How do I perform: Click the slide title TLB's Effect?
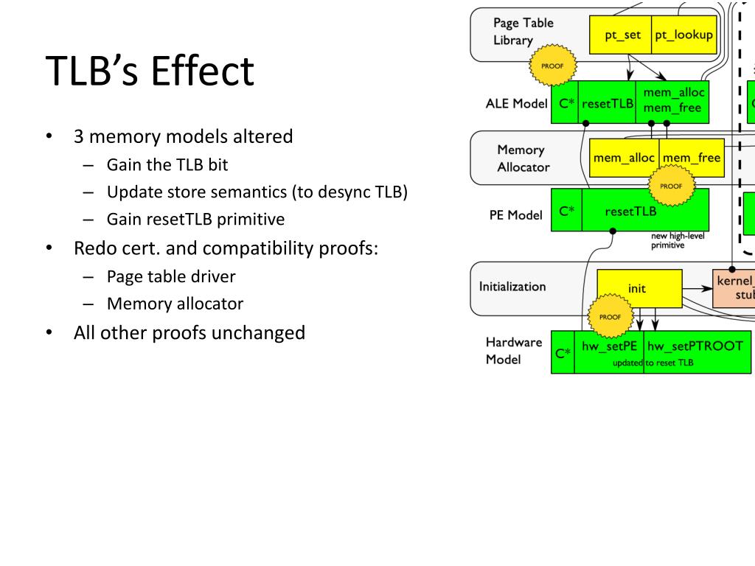150,72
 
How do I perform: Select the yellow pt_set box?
622,35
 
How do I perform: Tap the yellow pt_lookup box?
683,35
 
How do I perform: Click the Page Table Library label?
523,31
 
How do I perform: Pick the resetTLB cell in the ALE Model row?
608,103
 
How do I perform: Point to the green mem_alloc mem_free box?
672,102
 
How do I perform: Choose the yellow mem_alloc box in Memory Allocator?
624,158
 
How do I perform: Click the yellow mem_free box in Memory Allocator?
692,158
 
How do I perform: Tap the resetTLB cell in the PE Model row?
630,211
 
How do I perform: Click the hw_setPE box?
609,346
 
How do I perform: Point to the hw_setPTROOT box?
694,346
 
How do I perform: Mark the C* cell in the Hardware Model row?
563,353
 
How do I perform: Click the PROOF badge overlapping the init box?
610,317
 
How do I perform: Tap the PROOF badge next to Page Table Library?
552,66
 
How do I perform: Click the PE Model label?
515,215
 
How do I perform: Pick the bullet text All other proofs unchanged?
189,332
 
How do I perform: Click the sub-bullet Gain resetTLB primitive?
195,220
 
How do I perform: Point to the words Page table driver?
171,276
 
